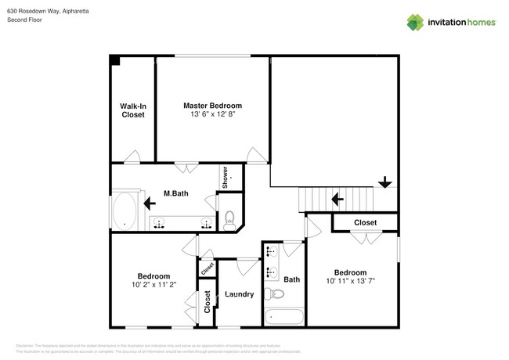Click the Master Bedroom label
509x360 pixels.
click(212, 105)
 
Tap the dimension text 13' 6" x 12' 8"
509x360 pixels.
click(212, 114)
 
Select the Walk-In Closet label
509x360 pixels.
click(132, 110)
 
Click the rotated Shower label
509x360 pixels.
click(224, 177)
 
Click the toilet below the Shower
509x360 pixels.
click(230, 220)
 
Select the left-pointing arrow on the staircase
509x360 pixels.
click(338, 200)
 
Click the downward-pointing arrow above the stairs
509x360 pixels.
click(384, 182)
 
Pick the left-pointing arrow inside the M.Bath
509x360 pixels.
click(149, 203)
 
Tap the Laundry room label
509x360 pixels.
click(238, 294)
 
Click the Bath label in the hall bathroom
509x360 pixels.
click(292, 279)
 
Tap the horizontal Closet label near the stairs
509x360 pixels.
click(365, 223)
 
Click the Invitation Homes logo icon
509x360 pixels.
click(416, 22)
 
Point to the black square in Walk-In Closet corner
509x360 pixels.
click(114, 60)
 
